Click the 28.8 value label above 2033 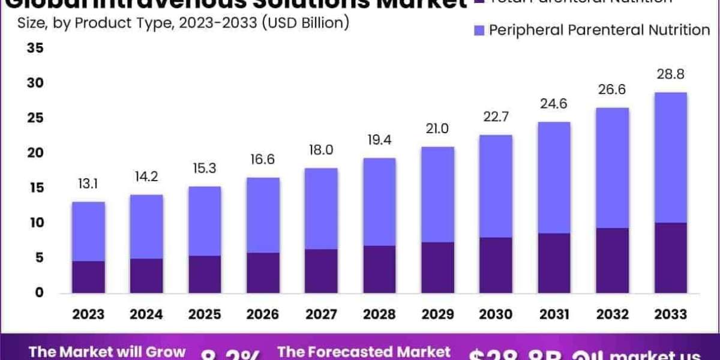tap(670, 75)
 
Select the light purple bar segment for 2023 tap(88, 231)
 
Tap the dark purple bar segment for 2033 tap(670, 257)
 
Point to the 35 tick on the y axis tap(35, 48)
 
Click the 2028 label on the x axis tap(379, 314)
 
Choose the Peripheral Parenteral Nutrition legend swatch tap(478, 29)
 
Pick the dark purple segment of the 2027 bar tap(321, 271)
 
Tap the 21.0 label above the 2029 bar tap(437, 129)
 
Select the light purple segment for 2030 tap(496, 186)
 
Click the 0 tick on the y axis tap(39, 293)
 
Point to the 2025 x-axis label tap(205, 314)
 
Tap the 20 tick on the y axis tap(35, 153)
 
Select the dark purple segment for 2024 tap(146, 275)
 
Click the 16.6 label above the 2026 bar tap(263, 160)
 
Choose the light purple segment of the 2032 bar tap(612, 167)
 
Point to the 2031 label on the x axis tap(554, 314)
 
